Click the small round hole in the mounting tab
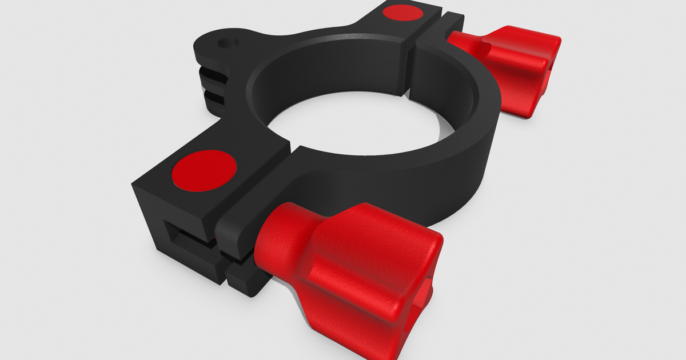coord(230,42)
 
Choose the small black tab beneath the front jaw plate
coord(246,280)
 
